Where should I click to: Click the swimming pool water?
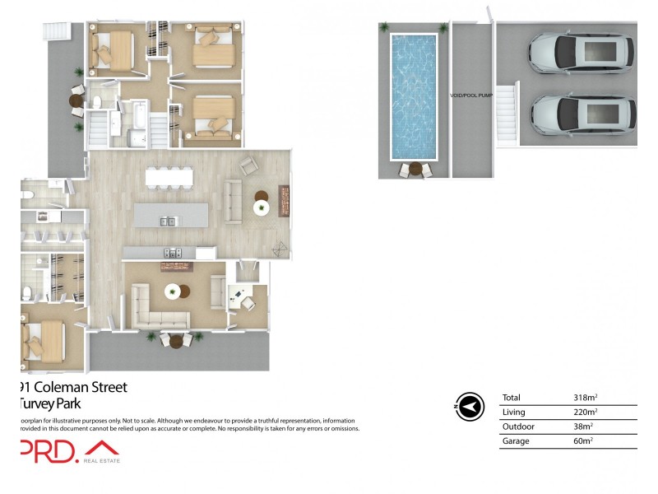tap(415, 96)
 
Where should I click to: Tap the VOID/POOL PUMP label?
tap(471, 96)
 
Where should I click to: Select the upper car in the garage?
tap(581, 54)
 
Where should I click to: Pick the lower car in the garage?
tap(582, 114)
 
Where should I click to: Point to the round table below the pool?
tap(415, 169)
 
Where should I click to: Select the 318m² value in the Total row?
tap(585, 398)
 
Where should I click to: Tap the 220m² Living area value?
tap(585, 412)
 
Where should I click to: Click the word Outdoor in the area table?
tap(518, 427)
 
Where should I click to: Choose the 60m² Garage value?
tap(583, 442)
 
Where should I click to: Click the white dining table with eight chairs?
tap(169, 177)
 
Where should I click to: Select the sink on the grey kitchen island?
tap(167, 221)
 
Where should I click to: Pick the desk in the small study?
tap(242, 296)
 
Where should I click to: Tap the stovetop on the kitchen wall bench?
tap(172, 253)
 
